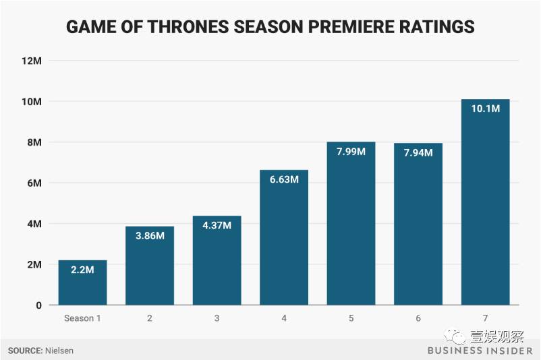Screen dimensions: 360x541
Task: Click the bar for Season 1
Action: click(x=82, y=283)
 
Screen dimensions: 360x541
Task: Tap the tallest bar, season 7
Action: click(x=485, y=202)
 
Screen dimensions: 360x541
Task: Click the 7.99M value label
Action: click(x=351, y=152)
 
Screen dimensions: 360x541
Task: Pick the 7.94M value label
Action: click(x=418, y=153)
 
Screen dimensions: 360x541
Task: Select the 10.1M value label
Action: click(x=486, y=109)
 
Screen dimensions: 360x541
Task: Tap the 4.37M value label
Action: click(x=217, y=225)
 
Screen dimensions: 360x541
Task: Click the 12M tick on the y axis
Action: click(x=32, y=61)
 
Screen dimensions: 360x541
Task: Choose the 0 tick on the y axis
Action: click(x=38, y=305)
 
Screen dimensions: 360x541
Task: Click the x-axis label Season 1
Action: click(x=82, y=318)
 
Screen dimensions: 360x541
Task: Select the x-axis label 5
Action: click(x=351, y=318)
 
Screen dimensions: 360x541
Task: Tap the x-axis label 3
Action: click(x=217, y=318)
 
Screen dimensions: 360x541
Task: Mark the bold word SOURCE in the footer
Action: click(x=24, y=351)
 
